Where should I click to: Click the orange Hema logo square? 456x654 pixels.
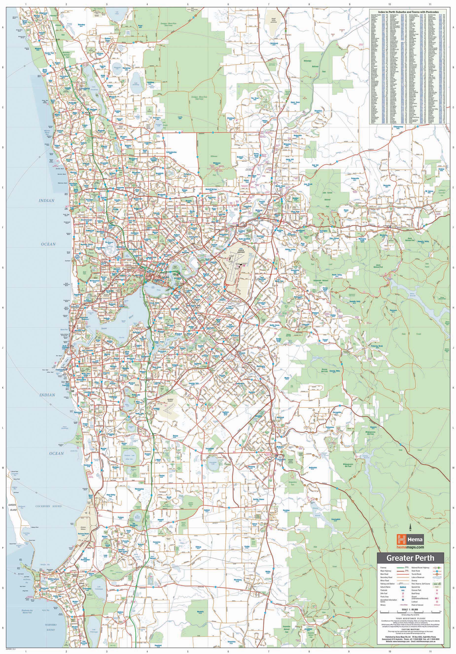click(401, 531)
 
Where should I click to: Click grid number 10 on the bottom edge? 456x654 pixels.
click(390, 651)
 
